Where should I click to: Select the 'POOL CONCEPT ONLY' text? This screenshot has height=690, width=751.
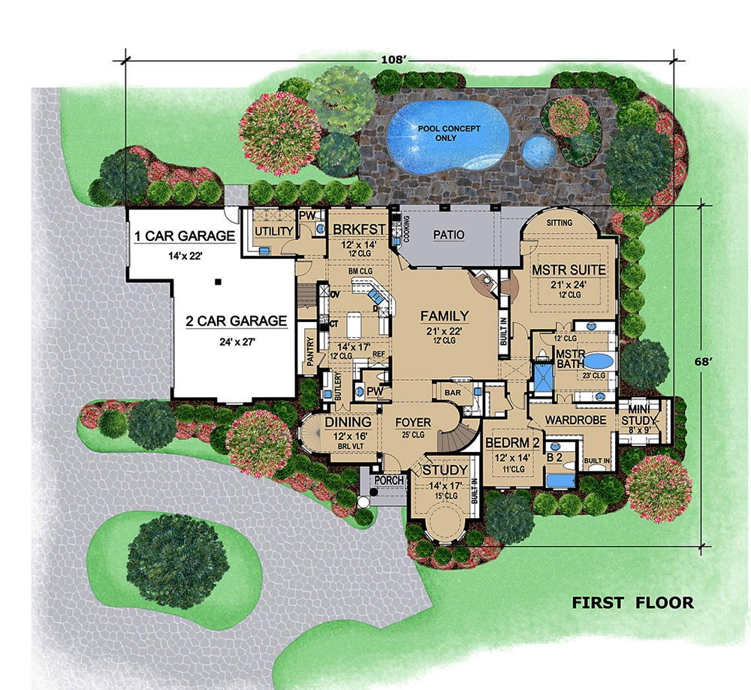point(450,133)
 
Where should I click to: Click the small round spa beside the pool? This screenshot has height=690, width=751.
point(538,152)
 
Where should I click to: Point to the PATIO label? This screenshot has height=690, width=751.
point(448,235)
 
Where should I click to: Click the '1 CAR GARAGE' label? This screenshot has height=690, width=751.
point(184,237)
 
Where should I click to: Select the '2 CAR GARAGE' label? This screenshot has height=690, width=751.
point(237,321)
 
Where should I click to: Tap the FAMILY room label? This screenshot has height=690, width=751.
point(444,316)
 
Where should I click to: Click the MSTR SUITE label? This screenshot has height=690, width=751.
point(569,270)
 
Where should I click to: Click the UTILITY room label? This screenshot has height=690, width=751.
point(274,231)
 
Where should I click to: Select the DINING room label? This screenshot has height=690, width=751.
point(348,423)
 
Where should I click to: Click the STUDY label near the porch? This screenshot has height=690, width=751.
point(445,470)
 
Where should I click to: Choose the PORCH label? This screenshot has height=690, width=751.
point(389,480)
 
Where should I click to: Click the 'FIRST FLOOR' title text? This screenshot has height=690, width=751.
point(632,602)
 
